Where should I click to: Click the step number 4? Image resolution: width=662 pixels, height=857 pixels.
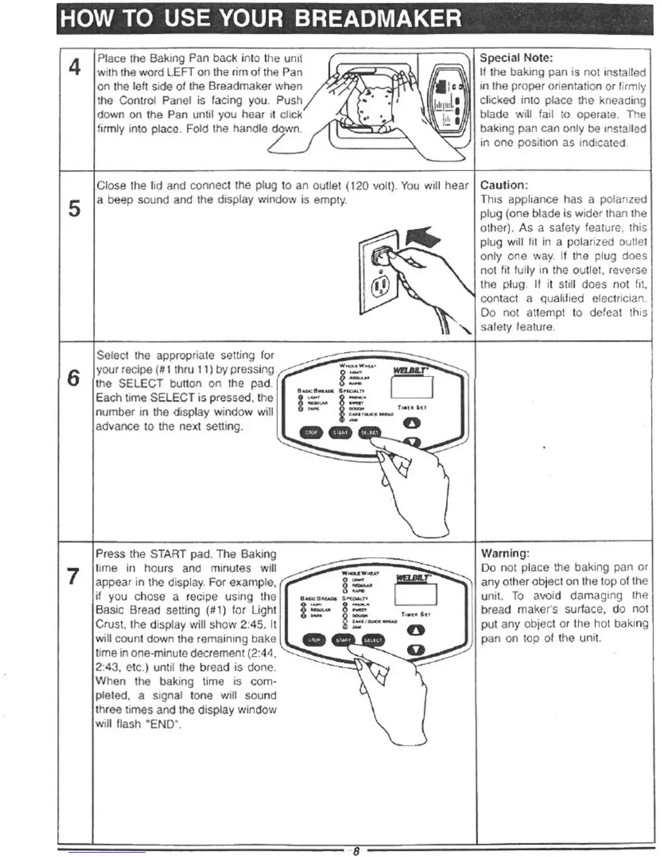click(x=75, y=68)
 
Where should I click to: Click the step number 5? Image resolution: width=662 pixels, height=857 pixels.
click(x=75, y=208)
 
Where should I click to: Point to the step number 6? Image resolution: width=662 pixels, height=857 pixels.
click(x=74, y=377)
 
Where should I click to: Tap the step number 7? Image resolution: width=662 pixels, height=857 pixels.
click(x=74, y=576)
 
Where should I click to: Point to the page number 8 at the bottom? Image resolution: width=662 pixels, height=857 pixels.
click(x=355, y=851)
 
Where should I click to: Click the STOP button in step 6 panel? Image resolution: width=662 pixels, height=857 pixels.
click(x=311, y=432)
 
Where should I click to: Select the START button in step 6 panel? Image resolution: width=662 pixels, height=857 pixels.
click(x=340, y=432)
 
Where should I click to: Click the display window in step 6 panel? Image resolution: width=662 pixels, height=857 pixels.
click(x=412, y=386)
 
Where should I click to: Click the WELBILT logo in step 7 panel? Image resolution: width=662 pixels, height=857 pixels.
click(x=413, y=578)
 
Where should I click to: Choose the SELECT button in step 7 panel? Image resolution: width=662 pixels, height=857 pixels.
click(x=373, y=640)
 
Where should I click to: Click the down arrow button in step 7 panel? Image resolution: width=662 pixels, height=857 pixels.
click(x=416, y=650)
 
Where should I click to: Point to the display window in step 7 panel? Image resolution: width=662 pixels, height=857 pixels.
click(x=415, y=595)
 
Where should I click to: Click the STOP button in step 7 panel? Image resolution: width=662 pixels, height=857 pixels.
click(x=314, y=640)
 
